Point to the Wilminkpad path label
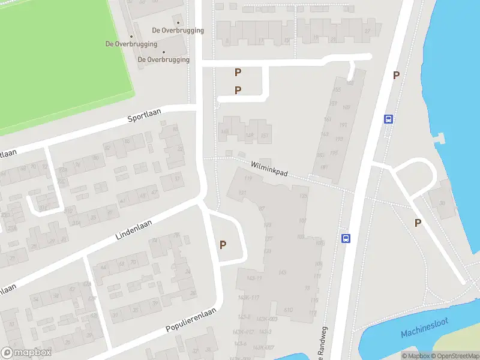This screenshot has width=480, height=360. point(269,167)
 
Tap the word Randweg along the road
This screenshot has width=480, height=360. point(325,349)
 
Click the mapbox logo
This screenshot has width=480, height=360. point(26,353)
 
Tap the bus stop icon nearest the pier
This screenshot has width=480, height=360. point(389,119)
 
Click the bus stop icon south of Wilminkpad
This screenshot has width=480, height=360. point(346,238)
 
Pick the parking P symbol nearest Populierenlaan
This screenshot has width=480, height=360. point(223,244)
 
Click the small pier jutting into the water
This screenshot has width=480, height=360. point(440,139)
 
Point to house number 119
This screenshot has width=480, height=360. point(248,178)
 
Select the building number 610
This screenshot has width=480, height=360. point(288,310)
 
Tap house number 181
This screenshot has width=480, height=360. point(324,167)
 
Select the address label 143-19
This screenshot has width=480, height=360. point(254,278)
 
